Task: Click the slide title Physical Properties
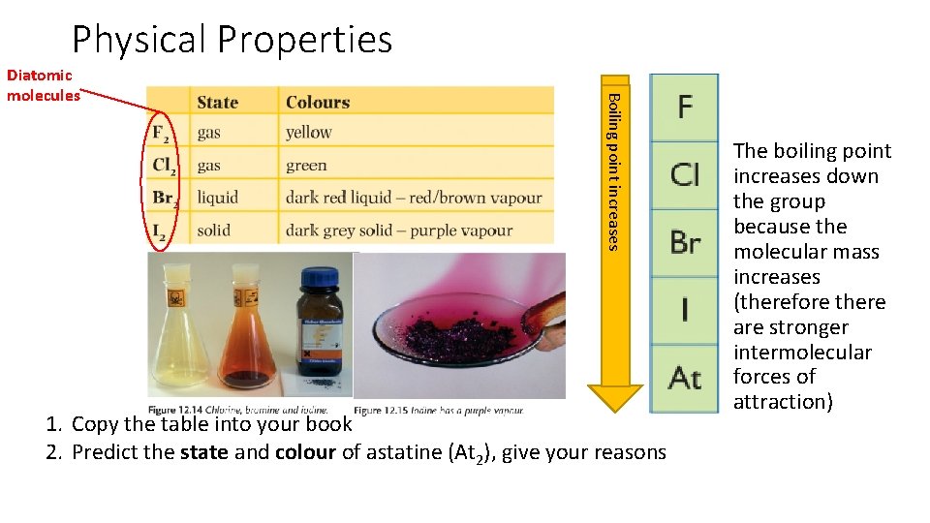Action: tap(232, 40)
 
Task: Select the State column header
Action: tap(217, 102)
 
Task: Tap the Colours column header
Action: tap(318, 102)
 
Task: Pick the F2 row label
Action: tap(163, 134)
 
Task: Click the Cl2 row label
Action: tap(165, 166)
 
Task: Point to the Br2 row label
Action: tap(165, 198)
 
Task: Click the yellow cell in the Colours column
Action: tap(309, 133)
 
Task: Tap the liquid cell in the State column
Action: tap(217, 198)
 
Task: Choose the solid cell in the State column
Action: tap(213, 231)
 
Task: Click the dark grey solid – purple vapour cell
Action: tap(399, 231)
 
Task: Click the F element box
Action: tap(684, 106)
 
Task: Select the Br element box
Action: tap(684, 241)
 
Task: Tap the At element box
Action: tap(684, 376)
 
